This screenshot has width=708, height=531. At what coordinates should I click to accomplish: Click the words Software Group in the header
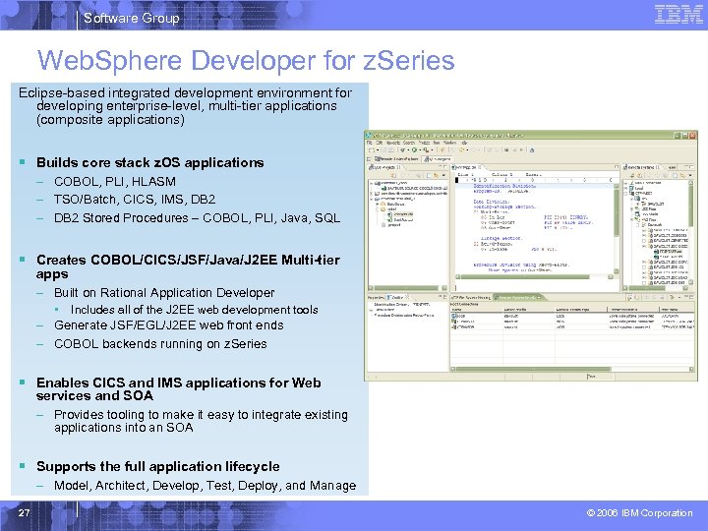131,18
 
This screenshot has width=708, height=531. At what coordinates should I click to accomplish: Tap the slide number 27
24,512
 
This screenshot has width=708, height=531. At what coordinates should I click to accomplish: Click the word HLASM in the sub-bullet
154,182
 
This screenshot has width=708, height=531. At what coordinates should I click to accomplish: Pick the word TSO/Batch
87,200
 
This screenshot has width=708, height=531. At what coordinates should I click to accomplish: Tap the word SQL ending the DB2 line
326,218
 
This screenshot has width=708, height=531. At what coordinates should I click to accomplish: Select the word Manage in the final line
333,486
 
